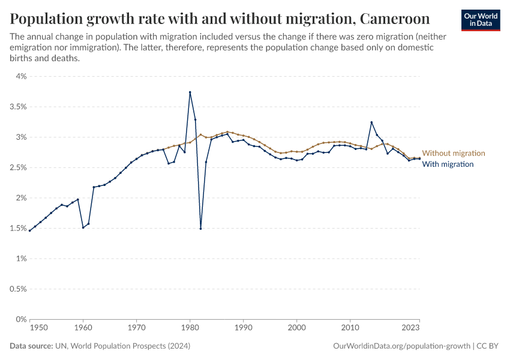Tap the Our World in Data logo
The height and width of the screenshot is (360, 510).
[x=481, y=20]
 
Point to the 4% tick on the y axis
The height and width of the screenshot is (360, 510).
[x=21, y=76]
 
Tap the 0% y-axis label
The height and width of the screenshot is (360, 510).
[x=21, y=319]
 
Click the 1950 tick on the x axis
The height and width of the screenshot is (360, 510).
[x=38, y=328]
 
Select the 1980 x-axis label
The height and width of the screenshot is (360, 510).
[x=190, y=328]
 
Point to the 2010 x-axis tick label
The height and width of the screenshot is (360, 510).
[x=350, y=328]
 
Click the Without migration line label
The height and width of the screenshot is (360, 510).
[x=453, y=154]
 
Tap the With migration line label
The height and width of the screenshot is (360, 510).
[x=448, y=164]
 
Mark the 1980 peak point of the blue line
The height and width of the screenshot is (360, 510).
[x=190, y=92]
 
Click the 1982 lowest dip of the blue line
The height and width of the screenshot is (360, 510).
[x=200, y=228]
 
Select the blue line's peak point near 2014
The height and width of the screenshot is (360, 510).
[x=371, y=122]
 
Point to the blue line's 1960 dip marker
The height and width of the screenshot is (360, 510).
[x=83, y=227]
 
